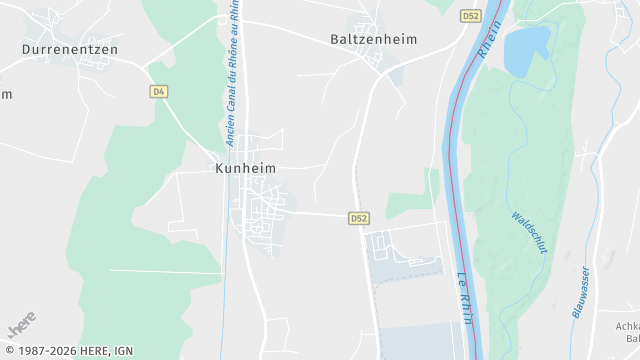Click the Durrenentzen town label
tap(70, 48)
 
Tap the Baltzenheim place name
tap(374, 40)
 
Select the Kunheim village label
tap(246, 169)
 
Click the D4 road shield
tap(158, 91)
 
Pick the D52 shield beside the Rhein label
tap(470, 16)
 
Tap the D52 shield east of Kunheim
tap(359, 217)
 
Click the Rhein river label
tap(490, 35)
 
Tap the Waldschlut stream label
tap(529, 233)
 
